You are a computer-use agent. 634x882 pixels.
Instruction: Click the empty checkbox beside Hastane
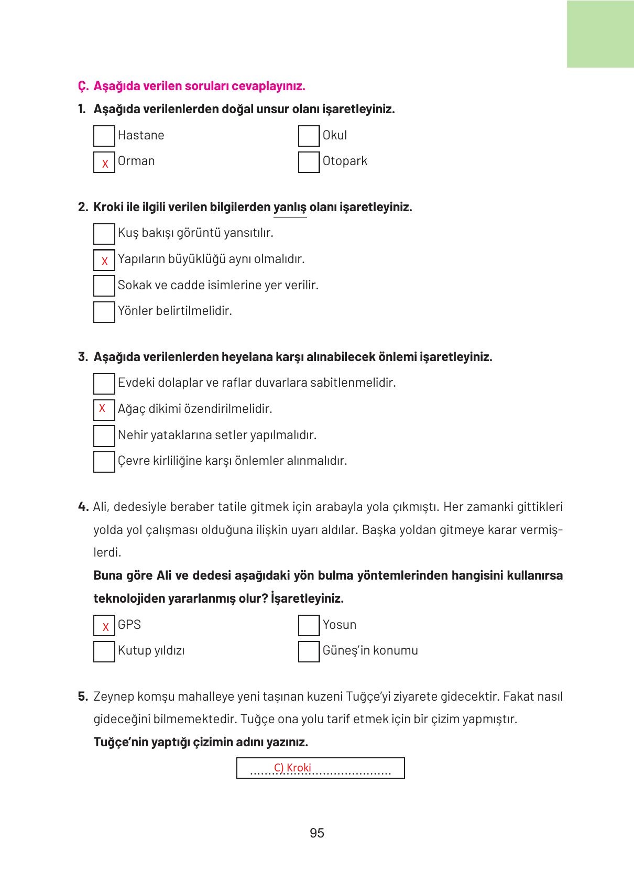point(104,136)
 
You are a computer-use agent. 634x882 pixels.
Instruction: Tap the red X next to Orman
point(105,164)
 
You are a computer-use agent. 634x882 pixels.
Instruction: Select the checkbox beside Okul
point(309,136)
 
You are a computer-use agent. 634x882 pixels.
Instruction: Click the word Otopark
point(344,161)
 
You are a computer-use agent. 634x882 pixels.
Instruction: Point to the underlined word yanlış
point(290,207)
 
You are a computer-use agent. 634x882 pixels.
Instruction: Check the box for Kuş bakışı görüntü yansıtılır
point(104,234)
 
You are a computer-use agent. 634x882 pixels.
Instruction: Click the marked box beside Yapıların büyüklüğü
point(104,260)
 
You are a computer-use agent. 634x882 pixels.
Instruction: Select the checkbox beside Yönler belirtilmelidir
point(104,312)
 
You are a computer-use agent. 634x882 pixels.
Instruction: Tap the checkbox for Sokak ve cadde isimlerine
point(104,286)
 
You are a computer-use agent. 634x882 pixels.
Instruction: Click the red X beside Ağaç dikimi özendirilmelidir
point(102,408)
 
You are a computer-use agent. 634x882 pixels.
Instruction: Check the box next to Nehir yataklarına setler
point(104,435)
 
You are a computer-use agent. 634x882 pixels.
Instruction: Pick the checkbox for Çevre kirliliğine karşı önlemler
point(104,462)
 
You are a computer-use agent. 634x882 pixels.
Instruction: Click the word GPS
point(129,625)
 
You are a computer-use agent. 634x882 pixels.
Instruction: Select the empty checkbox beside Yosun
point(309,625)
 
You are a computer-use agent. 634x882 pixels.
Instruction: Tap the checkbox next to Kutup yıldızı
point(104,651)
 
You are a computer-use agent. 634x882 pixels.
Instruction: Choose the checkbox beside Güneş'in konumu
point(309,651)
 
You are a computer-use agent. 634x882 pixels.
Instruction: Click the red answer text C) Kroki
point(292,768)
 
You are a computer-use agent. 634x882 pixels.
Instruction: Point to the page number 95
point(317,833)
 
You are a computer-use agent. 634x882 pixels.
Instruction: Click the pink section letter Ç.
point(82,86)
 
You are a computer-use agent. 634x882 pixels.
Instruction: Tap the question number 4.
point(83,507)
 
